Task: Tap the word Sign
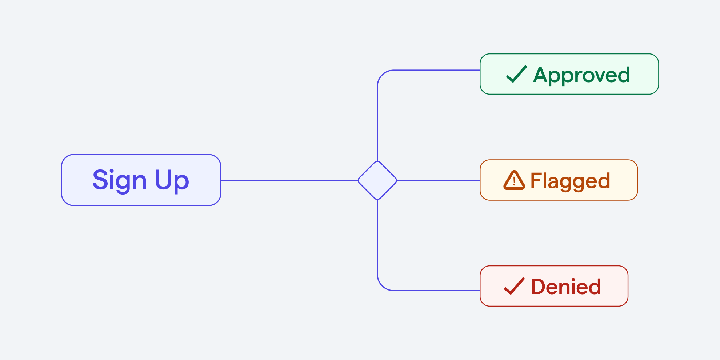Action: [119, 180]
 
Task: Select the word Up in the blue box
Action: [172, 180]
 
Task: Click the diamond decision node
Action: [377, 180]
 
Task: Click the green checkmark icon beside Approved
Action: [516, 74]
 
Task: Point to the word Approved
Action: [581, 75]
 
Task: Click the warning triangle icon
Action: [514, 181]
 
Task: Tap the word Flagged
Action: [570, 181]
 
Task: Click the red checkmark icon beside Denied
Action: [514, 286]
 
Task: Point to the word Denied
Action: [566, 287]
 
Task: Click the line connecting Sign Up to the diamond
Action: [289, 180]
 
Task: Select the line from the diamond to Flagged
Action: [438, 180]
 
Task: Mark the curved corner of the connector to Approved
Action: [382, 75]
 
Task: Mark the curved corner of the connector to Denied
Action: [382, 286]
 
